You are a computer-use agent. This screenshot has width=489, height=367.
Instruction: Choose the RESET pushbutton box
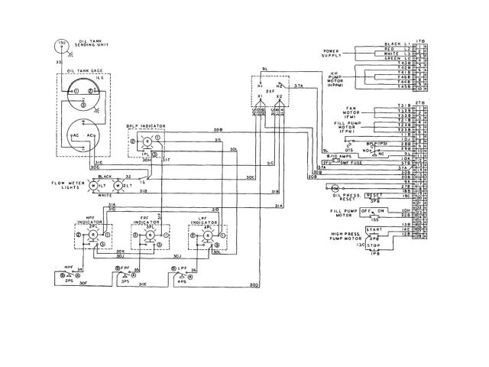(x=374, y=195)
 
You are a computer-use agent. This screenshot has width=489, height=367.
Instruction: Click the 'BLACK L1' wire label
(x=391, y=46)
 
